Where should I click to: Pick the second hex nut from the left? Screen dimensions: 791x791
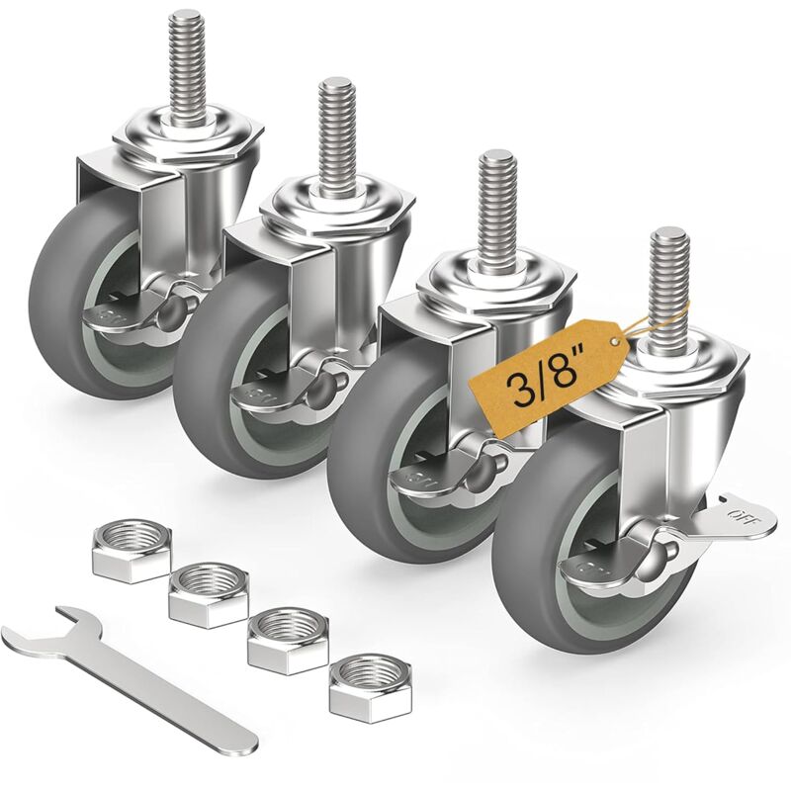click(x=208, y=592)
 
